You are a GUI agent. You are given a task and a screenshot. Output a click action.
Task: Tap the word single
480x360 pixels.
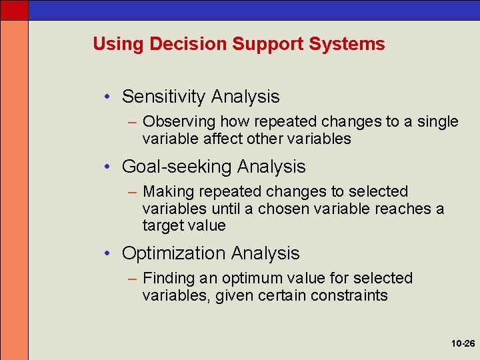pyautogui.click(x=436, y=121)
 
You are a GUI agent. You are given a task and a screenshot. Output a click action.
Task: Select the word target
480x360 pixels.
pyautogui.click(x=162, y=226)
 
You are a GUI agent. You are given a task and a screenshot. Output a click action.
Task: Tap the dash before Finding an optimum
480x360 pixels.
pyautogui.click(x=131, y=279)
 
